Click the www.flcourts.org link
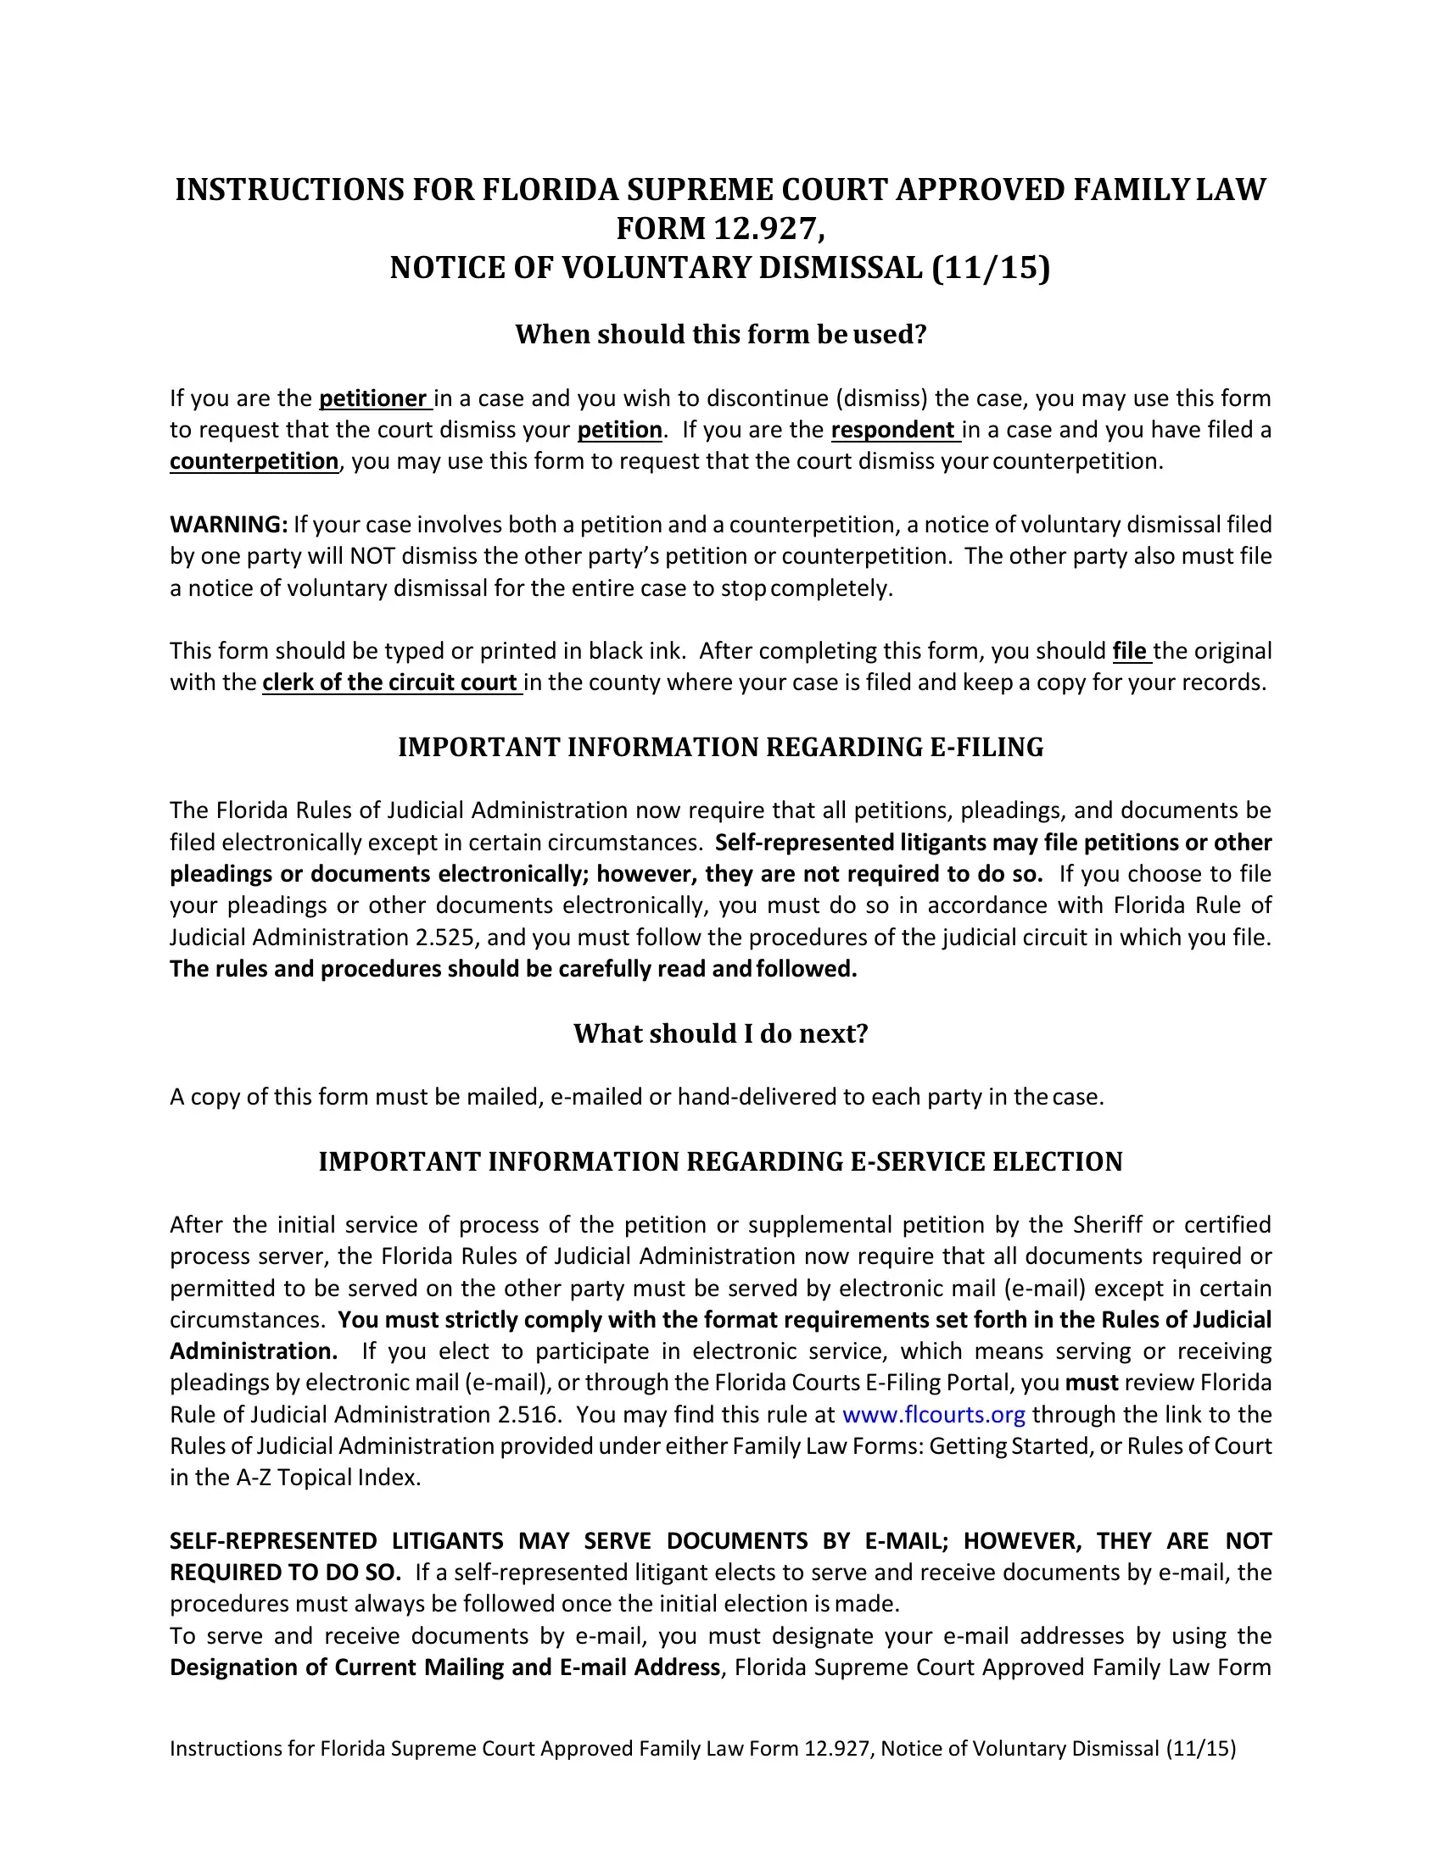(x=933, y=1415)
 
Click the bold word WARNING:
(x=228, y=524)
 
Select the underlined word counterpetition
(x=254, y=461)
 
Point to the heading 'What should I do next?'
(x=720, y=1033)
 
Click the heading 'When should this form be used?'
(x=720, y=334)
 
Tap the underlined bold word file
(x=1129, y=651)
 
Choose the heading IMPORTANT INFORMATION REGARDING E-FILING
(x=720, y=747)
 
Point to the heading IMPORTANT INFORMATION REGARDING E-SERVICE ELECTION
(x=720, y=1162)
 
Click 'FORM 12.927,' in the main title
(x=720, y=229)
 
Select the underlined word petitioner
(x=372, y=398)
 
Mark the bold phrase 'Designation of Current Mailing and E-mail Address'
(x=444, y=1667)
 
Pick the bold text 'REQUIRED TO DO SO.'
(x=285, y=1573)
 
